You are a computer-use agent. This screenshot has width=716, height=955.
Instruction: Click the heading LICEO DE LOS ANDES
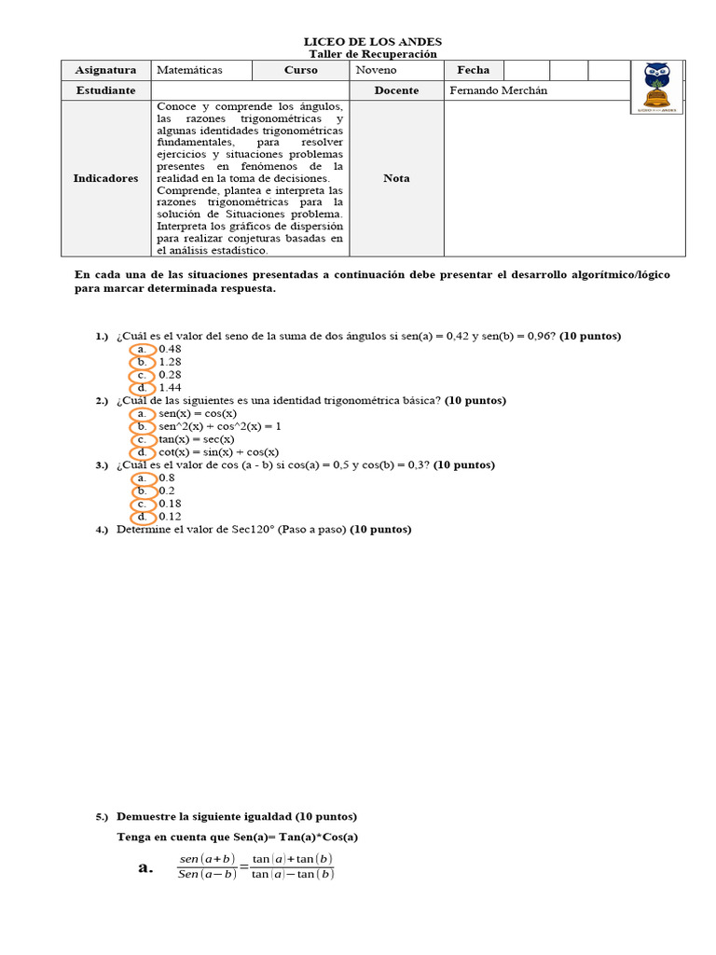pos(373,42)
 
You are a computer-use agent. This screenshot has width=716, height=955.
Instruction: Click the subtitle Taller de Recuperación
pos(373,54)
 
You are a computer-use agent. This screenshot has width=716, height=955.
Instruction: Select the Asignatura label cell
pos(105,70)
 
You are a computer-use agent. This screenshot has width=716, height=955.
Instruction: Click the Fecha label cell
pos(473,70)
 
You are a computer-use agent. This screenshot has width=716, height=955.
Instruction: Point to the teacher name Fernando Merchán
pos(499,90)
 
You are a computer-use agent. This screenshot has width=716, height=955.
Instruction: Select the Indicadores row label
pos(105,178)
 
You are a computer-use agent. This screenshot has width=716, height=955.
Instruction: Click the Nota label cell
pos(396,178)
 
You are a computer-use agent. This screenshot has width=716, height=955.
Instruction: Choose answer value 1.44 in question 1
pos(170,388)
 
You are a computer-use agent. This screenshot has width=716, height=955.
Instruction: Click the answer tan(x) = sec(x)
pos(197,439)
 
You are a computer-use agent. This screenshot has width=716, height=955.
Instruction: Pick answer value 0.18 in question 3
pos(170,504)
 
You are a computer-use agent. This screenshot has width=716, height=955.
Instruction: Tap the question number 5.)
pos(102,817)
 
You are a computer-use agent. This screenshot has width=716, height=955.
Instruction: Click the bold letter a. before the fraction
pos(145,867)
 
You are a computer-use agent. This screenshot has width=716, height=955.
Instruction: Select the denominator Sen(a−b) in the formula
pos(206,875)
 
